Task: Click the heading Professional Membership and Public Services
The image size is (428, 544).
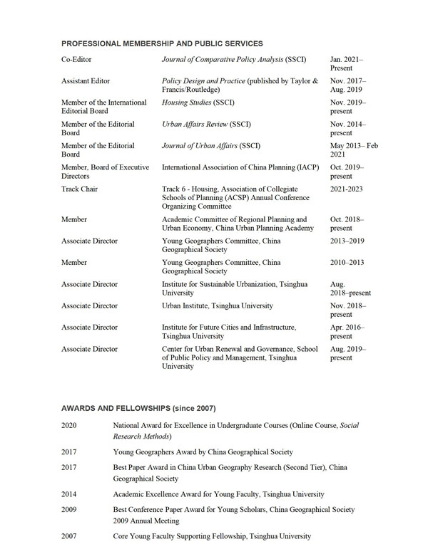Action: tap(162, 43)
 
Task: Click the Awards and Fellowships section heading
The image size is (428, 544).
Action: tap(138, 408)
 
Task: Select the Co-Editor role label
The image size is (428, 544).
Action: tap(76, 59)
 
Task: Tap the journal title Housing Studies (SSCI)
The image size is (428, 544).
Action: tap(193, 103)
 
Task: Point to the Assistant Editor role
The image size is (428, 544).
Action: tap(86, 81)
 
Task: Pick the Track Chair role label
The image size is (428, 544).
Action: tap(81, 189)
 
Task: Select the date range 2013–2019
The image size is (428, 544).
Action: tap(347, 241)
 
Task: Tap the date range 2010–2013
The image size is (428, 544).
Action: tap(347, 263)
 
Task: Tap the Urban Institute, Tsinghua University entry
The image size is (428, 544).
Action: tap(218, 305)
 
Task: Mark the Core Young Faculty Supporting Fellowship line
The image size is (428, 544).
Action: tap(212, 535)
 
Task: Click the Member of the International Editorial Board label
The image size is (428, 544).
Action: tap(104, 108)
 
